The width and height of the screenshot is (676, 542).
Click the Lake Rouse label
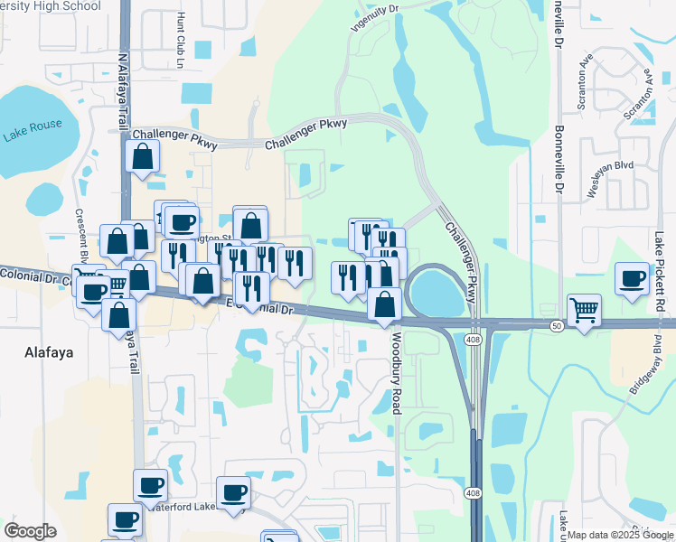pyautogui.click(x=28, y=135)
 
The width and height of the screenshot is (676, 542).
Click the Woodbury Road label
pyautogui.click(x=395, y=373)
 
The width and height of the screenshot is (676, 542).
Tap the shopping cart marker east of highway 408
pyautogui.click(x=584, y=311)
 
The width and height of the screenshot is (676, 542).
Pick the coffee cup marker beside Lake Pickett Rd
pyautogui.click(x=632, y=278)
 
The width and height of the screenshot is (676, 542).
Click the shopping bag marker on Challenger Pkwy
pyautogui.click(x=144, y=156)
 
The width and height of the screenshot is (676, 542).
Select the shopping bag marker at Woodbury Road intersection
pyautogui.click(x=385, y=304)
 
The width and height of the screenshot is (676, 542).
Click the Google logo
pyautogui.click(x=30, y=531)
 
